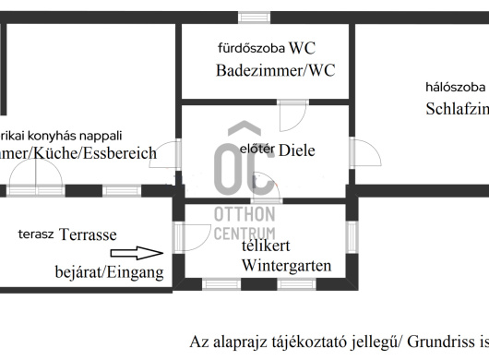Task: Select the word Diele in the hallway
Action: [297, 150]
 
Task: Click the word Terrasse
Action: [89, 234]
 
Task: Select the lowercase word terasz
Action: [36, 234]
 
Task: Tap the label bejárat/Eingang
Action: [109, 272]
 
